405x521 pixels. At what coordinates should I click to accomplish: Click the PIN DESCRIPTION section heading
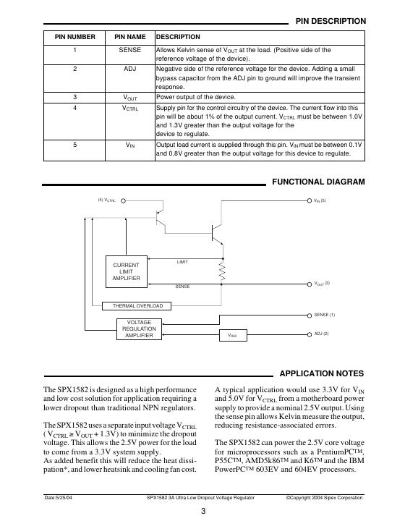pyautogui.click(x=331, y=21)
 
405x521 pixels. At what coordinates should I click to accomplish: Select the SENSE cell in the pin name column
pyautogui.click(x=129, y=50)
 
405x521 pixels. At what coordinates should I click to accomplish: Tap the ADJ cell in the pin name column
pyautogui.click(x=129, y=69)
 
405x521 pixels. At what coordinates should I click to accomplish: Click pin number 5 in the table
pyautogui.click(x=74, y=145)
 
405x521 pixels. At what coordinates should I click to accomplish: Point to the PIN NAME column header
pyautogui.click(x=129, y=37)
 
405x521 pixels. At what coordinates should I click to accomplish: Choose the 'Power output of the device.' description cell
pyautogui.click(x=196, y=97)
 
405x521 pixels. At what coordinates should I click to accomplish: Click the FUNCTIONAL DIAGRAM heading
pyautogui.click(x=318, y=182)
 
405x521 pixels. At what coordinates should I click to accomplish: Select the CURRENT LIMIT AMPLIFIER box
pyautogui.click(x=126, y=271)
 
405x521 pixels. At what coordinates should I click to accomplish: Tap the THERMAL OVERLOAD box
pyautogui.click(x=137, y=305)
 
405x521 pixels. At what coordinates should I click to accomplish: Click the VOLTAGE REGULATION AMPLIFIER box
pyautogui.click(x=139, y=329)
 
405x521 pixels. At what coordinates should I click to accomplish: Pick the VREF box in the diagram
pyautogui.click(x=233, y=335)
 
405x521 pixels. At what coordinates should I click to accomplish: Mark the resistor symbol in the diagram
pyautogui.click(x=222, y=271)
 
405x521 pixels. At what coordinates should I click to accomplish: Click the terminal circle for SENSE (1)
pyautogui.click(x=310, y=315)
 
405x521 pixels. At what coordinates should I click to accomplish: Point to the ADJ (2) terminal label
pyautogui.click(x=321, y=334)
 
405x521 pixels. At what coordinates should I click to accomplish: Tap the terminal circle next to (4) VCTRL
pyautogui.click(x=123, y=200)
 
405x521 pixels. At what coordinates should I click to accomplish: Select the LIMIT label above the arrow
pyautogui.click(x=182, y=262)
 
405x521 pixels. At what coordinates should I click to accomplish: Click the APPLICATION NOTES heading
pyautogui.click(x=322, y=373)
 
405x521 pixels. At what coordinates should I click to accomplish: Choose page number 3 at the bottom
pyautogui.click(x=203, y=511)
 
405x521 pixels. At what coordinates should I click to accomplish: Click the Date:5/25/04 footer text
pyautogui.click(x=58, y=498)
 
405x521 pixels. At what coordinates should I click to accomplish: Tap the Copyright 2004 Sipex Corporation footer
pyautogui.click(x=324, y=498)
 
